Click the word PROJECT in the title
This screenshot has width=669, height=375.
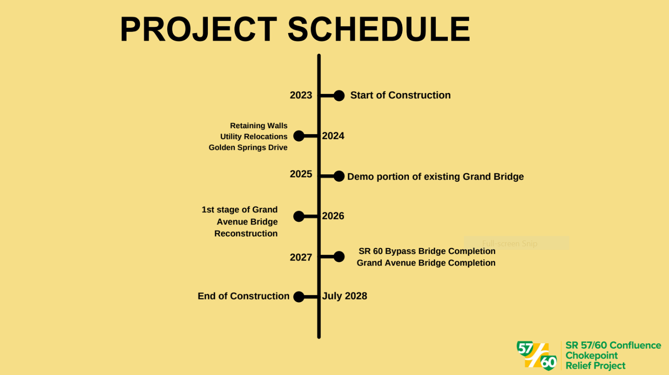[198, 29]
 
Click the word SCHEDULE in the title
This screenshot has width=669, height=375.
[379, 29]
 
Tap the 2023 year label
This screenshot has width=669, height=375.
[301, 95]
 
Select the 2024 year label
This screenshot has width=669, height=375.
[333, 136]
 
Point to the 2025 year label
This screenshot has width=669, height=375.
[301, 174]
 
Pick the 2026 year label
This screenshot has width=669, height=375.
[333, 216]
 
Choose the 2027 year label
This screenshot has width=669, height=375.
[301, 257]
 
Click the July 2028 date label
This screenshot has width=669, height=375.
[345, 296]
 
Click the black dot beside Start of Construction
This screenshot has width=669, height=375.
[339, 96]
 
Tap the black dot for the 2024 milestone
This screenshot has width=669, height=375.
[299, 136]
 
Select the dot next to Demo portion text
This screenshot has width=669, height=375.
[339, 176]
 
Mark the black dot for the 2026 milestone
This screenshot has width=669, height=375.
[299, 216]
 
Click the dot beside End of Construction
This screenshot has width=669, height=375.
[299, 297]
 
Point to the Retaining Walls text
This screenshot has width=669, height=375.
[259, 126]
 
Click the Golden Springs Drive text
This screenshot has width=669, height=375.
[248, 147]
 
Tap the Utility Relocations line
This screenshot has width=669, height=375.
[253, 137]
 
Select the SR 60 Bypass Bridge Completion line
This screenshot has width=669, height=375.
[427, 251]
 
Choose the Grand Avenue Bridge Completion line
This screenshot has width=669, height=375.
[426, 263]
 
